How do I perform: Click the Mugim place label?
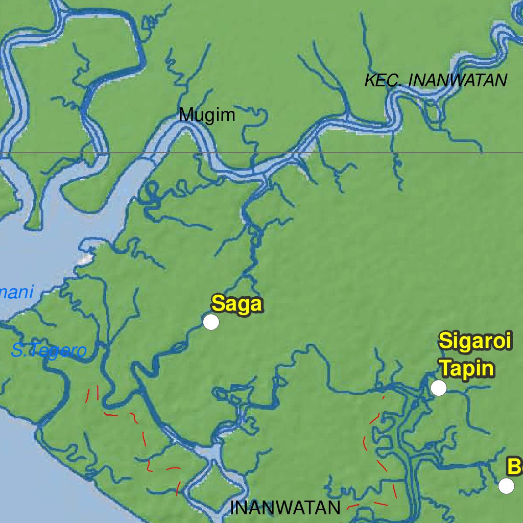click(x=207, y=115)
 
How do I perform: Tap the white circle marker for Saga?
click(x=211, y=322)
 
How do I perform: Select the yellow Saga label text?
click(x=237, y=304)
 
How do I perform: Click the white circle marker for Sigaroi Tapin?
click(x=438, y=388)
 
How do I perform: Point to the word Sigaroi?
click(x=475, y=341)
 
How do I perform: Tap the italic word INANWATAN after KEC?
click(x=458, y=81)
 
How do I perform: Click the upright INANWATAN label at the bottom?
click(x=285, y=508)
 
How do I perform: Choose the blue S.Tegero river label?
click(x=49, y=351)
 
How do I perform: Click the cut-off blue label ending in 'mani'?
click(x=16, y=293)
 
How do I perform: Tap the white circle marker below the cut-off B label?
click(x=506, y=486)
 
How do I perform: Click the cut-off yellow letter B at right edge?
click(x=514, y=467)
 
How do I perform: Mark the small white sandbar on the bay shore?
click(x=85, y=260)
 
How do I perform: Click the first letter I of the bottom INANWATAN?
click(x=233, y=508)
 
